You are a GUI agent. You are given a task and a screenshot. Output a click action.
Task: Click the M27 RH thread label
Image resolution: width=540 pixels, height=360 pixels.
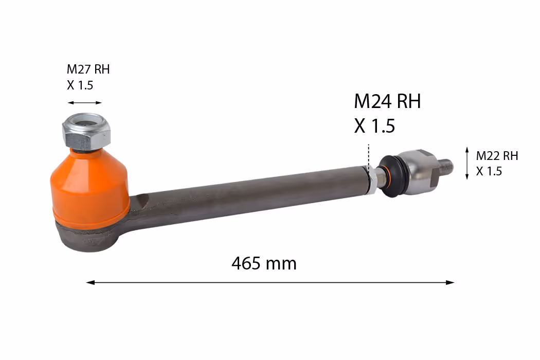click(88, 69)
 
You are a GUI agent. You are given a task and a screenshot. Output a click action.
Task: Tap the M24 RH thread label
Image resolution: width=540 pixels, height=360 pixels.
click(387, 101)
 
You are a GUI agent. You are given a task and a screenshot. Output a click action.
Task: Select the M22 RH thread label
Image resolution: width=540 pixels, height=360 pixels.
click(497, 156)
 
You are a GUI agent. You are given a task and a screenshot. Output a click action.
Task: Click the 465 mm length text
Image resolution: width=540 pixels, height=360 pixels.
click(264, 263)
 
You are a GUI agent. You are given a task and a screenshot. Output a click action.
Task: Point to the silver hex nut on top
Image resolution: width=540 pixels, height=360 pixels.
click(86, 131)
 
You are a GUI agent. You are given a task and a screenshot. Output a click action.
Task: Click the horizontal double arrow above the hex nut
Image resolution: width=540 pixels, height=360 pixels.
click(85, 103)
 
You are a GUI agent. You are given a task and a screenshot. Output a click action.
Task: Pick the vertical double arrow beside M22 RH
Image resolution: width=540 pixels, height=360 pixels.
click(467, 163)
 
